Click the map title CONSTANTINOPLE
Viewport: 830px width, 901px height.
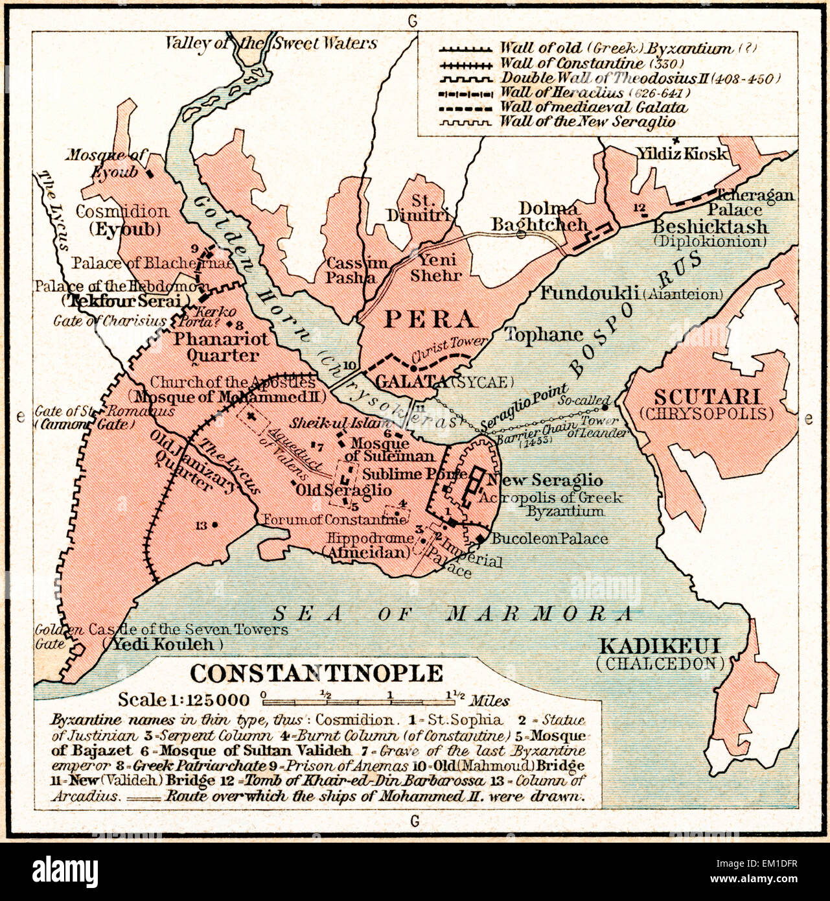click(316, 673)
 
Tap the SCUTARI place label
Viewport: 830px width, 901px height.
click(706, 397)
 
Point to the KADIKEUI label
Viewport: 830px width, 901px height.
click(660, 646)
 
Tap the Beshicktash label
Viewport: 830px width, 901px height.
click(710, 227)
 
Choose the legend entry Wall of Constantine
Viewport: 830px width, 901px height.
click(571, 64)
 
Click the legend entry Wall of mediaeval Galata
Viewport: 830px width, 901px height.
click(593, 107)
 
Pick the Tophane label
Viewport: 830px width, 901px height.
click(543, 334)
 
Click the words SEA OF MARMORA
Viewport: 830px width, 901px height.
click(452, 613)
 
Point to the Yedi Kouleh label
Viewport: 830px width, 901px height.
click(162, 644)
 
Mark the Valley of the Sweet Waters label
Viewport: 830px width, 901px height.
click(271, 43)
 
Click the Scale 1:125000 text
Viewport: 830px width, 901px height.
click(183, 699)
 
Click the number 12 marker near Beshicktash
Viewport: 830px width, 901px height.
click(640, 207)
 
